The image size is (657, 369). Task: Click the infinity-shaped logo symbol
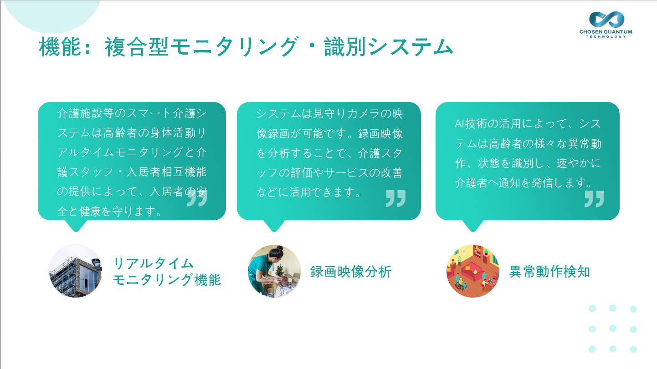point(606,19)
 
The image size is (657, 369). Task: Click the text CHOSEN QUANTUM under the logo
point(606,32)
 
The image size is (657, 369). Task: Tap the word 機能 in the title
point(60,46)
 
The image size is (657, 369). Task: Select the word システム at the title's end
point(411,46)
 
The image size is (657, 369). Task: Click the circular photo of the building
point(76,271)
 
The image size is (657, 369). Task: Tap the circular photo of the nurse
point(274,271)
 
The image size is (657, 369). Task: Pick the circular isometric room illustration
point(473,271)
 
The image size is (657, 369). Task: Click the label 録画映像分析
point(351,272)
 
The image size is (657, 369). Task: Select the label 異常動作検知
point(549,272)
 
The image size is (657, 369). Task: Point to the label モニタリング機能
point(167,280)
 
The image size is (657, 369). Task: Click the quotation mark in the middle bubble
point(395,198)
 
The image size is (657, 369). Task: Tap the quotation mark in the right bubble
point(594,199)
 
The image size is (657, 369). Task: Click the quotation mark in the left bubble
point(197,197)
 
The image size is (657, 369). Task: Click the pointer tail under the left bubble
point(76,226)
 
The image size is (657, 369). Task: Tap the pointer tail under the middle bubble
point(274,226)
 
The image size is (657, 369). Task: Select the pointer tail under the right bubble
point(473,226)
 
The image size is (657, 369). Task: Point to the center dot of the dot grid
point(613,329)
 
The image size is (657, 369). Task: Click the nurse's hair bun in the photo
point(279,248)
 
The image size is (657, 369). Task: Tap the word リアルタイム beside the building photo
point(154,263)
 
